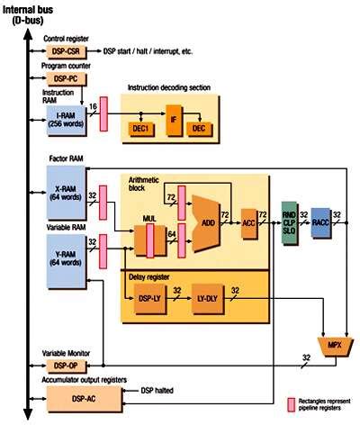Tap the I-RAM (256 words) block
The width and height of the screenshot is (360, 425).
(x=65, y=122)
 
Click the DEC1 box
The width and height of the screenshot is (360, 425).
(x=140, y=129)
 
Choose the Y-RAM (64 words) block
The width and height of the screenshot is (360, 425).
(x=65, y=255)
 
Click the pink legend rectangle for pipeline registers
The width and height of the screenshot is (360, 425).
(x=292, y=403)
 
